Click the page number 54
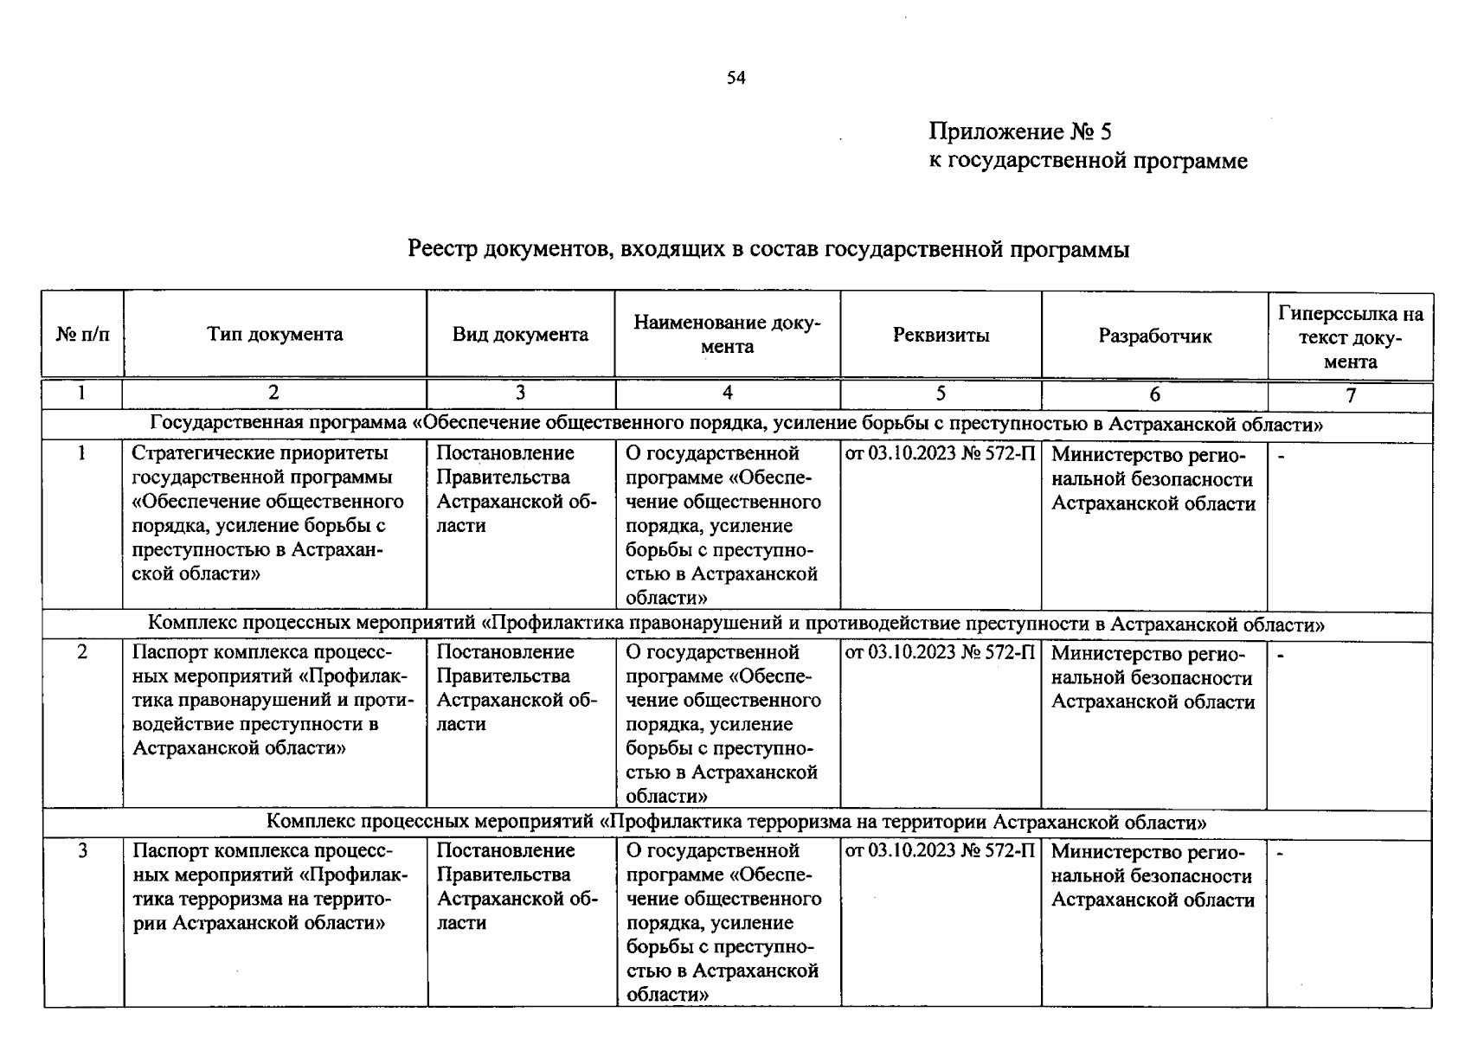pos(736,78)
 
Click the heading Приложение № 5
pos(1019,131)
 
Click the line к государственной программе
pos(1088,161)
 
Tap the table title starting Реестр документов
pos(768,250)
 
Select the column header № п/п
pos(83,335)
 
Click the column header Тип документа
pos(274,335)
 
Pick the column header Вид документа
pos(520,335)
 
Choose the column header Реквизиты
pos(941,335)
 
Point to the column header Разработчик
pos(1154,336)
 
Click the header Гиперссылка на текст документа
pos(1350,336)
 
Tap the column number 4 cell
pos(727,394)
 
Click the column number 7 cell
pos(1350,395)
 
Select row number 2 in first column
pos(82,652)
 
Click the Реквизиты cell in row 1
pos(940,454)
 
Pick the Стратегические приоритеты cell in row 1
pos(268,513)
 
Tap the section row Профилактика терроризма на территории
pos(736,822)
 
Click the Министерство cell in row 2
pos(1153,678)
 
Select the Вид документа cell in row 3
pos(517,886)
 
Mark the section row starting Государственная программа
pos(736,425)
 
